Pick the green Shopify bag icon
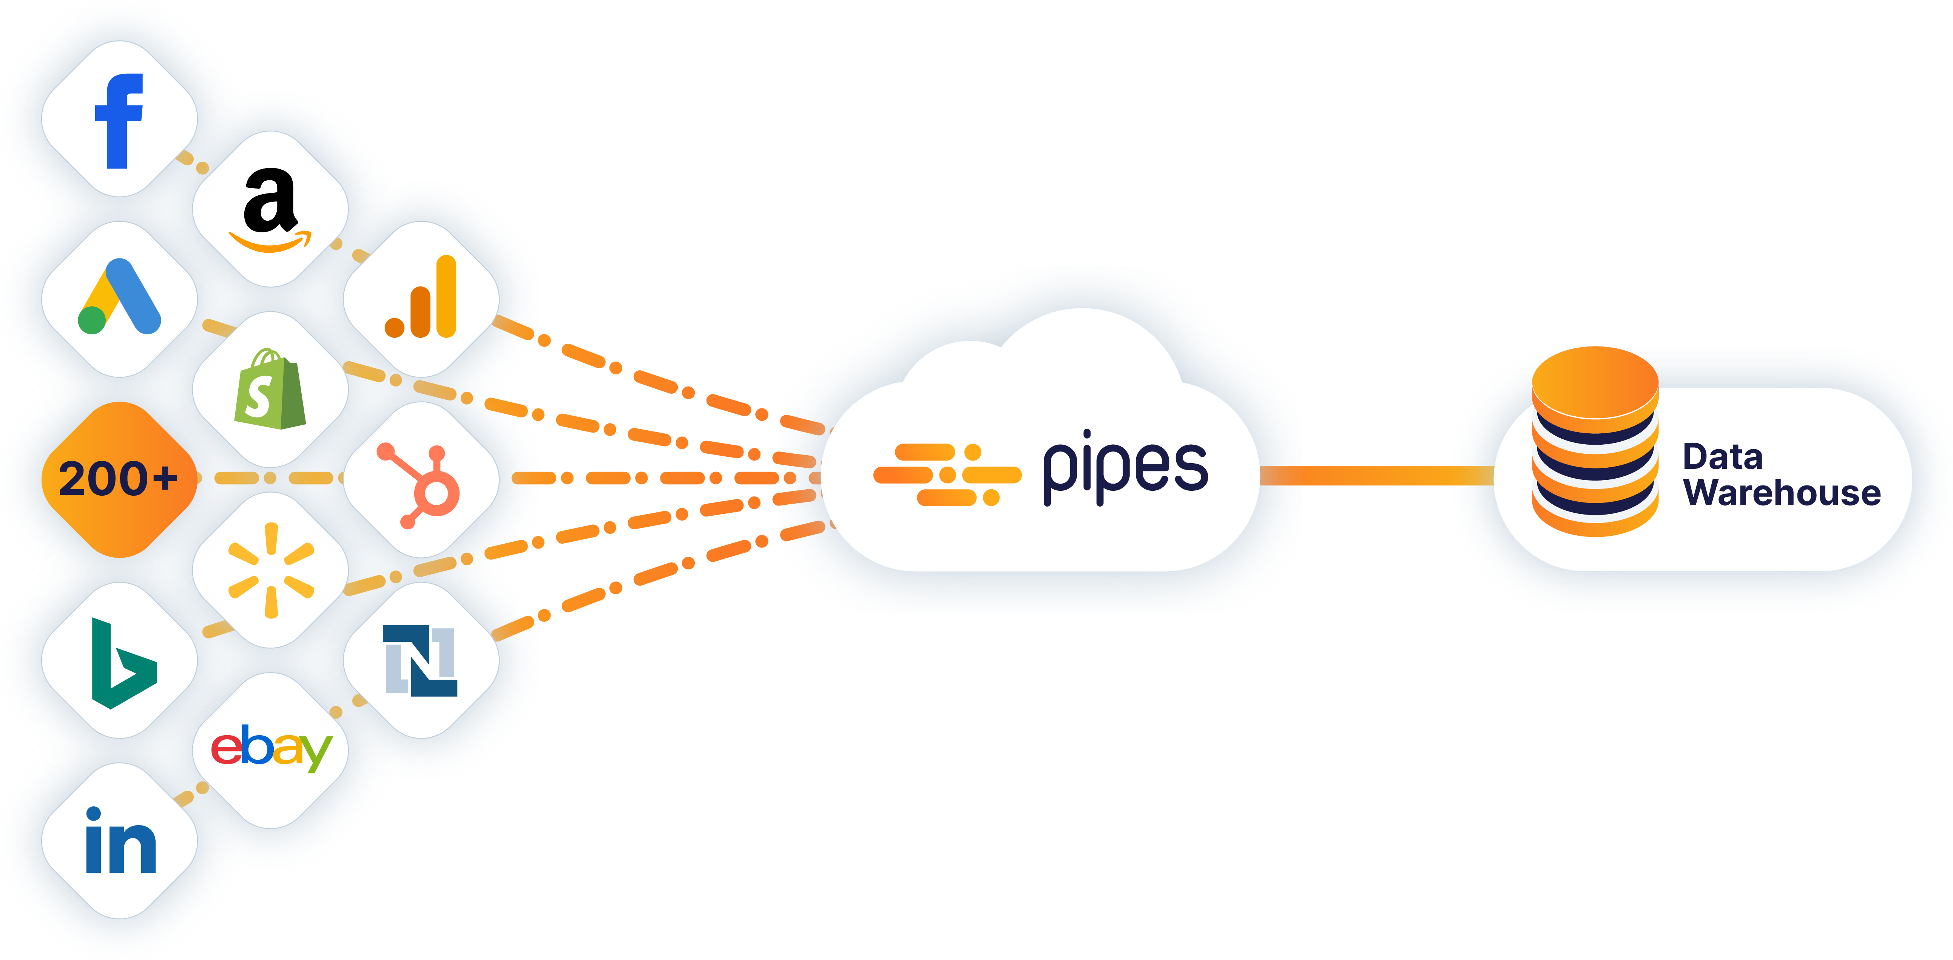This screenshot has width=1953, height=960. (x=270, y=389)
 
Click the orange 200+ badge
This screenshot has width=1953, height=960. (x=119, y=479)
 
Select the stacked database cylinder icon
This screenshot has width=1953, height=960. (x=1595, y=441)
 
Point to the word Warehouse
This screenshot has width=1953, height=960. (x=1782, y=493)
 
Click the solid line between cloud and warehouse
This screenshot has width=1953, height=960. (x=1376, y=475)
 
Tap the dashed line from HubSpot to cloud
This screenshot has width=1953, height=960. (x=652, y=478)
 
